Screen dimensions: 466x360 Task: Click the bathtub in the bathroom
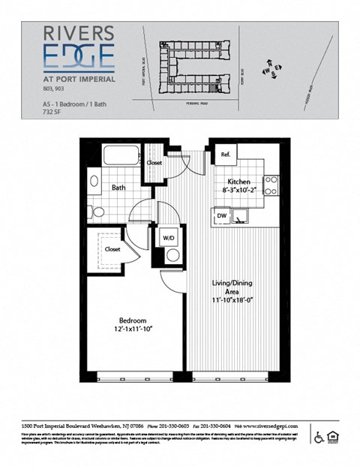tap(121, 156)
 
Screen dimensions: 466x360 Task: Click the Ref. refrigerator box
tap(224, 155)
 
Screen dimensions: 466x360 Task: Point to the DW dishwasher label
tap(221, 215)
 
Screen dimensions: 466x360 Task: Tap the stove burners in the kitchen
tap(271, 185)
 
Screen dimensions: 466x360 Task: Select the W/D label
tap(169, 239)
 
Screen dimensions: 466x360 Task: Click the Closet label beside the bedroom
tap(112, 248)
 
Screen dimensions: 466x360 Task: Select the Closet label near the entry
tap(154, 162)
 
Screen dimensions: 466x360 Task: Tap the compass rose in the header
tap(271, 69)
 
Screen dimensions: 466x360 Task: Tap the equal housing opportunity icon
tap(334, 437)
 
